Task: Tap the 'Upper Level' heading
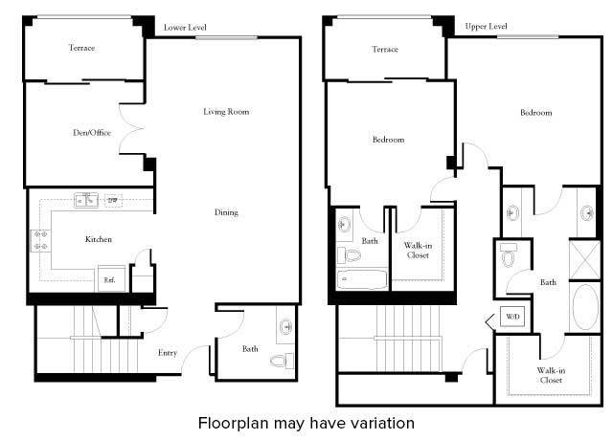486,27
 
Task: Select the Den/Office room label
93,133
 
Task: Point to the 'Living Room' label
226,112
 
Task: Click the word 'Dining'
226,212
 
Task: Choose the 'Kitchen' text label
100,238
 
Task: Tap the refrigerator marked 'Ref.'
109,279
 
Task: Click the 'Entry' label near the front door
168,353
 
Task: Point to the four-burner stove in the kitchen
41,240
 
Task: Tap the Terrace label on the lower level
81,48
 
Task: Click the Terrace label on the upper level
384,49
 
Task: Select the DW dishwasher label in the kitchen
112,200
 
